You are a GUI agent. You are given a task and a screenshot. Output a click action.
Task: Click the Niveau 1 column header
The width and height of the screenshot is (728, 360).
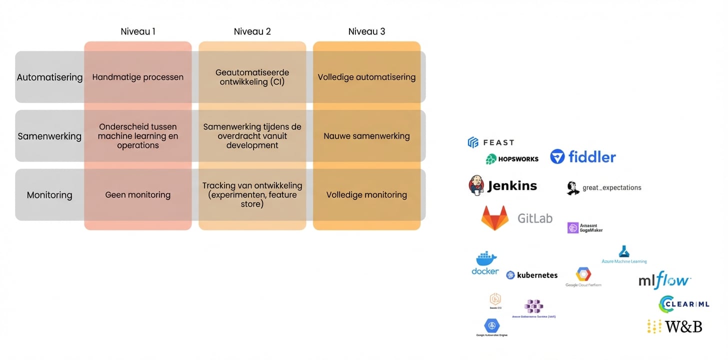(x=138, y=31)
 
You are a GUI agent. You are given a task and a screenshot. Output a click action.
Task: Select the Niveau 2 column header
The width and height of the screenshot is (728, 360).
(x=252, y=31)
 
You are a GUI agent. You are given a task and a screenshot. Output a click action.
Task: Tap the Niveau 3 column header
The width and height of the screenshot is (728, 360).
(x=366, y=31)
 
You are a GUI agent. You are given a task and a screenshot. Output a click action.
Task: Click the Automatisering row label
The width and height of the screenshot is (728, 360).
(x=49, y=77)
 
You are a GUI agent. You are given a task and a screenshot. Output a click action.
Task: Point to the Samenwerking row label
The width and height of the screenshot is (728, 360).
(x=49, y=136)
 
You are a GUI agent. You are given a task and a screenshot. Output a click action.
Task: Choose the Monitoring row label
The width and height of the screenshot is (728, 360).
(x=49, y=195)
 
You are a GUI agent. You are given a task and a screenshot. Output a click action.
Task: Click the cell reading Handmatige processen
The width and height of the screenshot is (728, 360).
(x=138, y=77)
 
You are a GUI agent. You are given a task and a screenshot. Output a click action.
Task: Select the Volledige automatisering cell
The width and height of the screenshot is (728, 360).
(x=366, y=77)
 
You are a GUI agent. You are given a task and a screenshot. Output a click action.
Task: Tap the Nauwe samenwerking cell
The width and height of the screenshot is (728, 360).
(x=366, y=136)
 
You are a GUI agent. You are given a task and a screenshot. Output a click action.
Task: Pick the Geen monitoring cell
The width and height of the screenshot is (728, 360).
(x=138, y=195)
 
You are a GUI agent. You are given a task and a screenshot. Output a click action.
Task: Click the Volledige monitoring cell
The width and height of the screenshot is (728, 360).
(x=366, y=195)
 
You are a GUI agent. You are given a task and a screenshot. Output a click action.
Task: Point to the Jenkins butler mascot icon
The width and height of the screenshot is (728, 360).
(x=476, y=185)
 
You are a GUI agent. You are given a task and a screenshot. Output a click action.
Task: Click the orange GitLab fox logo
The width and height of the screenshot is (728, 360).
(x=494, y=218)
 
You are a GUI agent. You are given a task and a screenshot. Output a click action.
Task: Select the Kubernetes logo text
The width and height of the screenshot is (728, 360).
(x=537, y=275)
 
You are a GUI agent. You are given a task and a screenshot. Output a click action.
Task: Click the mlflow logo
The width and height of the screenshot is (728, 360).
(x=664, y=280)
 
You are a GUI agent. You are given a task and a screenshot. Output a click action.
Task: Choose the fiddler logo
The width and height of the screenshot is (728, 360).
(x=583, y=157)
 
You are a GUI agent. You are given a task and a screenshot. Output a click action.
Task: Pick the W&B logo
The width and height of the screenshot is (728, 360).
(x=675, y=326)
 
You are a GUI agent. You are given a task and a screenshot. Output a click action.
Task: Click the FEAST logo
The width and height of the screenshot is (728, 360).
(x=490, y=142)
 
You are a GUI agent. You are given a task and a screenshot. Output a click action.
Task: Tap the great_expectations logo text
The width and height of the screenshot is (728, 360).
(x=611, y=188)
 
